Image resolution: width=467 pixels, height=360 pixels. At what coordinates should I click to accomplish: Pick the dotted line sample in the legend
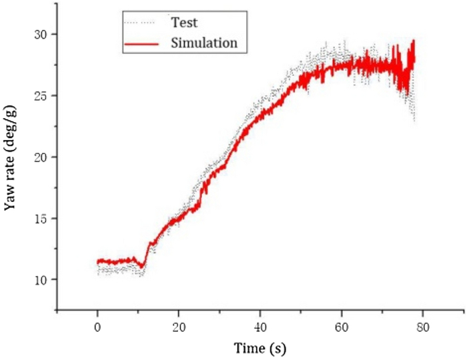click(141, 23)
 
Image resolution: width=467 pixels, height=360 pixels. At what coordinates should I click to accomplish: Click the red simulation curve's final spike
click(414, 41)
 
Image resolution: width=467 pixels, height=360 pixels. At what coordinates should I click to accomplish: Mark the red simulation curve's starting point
click(98, 261)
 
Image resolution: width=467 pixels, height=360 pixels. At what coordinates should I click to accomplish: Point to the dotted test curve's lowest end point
click(414, 121)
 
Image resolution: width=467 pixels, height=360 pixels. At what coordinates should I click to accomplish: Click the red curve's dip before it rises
click(142, 266)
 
